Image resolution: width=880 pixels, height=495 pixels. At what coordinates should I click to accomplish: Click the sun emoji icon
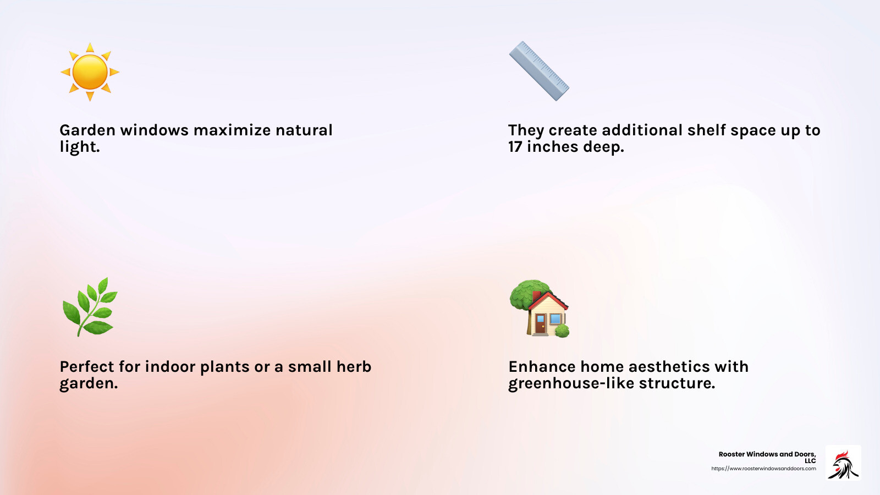90,72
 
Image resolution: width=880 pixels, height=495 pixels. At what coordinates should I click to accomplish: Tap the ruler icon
539,71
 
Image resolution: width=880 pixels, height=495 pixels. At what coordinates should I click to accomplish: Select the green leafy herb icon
90,307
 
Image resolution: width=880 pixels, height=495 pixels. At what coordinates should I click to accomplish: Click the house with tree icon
540,308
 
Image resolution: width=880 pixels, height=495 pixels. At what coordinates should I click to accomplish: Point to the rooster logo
843,463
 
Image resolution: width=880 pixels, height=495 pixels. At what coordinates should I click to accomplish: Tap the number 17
515,147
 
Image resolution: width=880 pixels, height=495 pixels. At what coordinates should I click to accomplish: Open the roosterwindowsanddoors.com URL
763,469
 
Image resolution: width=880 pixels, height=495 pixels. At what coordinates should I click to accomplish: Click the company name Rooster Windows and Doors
767,454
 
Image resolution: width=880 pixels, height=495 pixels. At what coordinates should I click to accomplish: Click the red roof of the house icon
550,300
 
